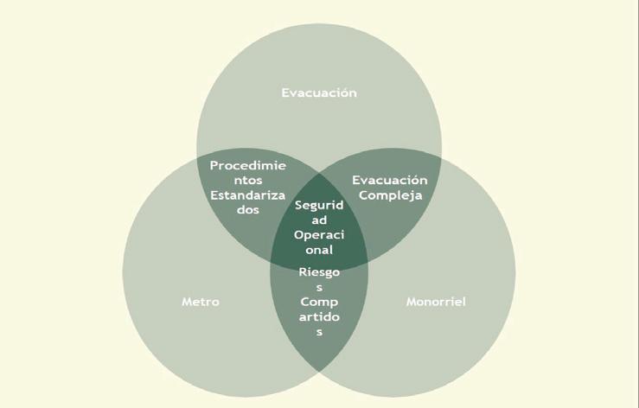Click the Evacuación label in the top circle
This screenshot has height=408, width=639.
coord(319,92)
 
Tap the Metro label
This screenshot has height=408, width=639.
coord(201,303)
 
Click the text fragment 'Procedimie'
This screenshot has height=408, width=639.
coord(248,164)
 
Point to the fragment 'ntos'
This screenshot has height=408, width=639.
coord(248,179)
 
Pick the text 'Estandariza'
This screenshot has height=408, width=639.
coord(248,194)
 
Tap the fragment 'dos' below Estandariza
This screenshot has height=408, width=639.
coord(248,209)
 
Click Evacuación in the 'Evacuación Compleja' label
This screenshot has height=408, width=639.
coord(390,180)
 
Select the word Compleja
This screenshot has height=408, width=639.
coord(390,194)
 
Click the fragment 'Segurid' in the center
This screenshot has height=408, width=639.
coord(319,206)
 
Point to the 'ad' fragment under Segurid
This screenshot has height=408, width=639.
coord(319,220)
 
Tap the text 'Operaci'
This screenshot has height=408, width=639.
coord(319,235)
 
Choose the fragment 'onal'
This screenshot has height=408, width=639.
coord(319,250)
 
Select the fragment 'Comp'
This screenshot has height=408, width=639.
coord(319,303)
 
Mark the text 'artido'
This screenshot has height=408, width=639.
coord(319,317)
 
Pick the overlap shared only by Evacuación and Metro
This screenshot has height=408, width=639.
coord(233,225)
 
